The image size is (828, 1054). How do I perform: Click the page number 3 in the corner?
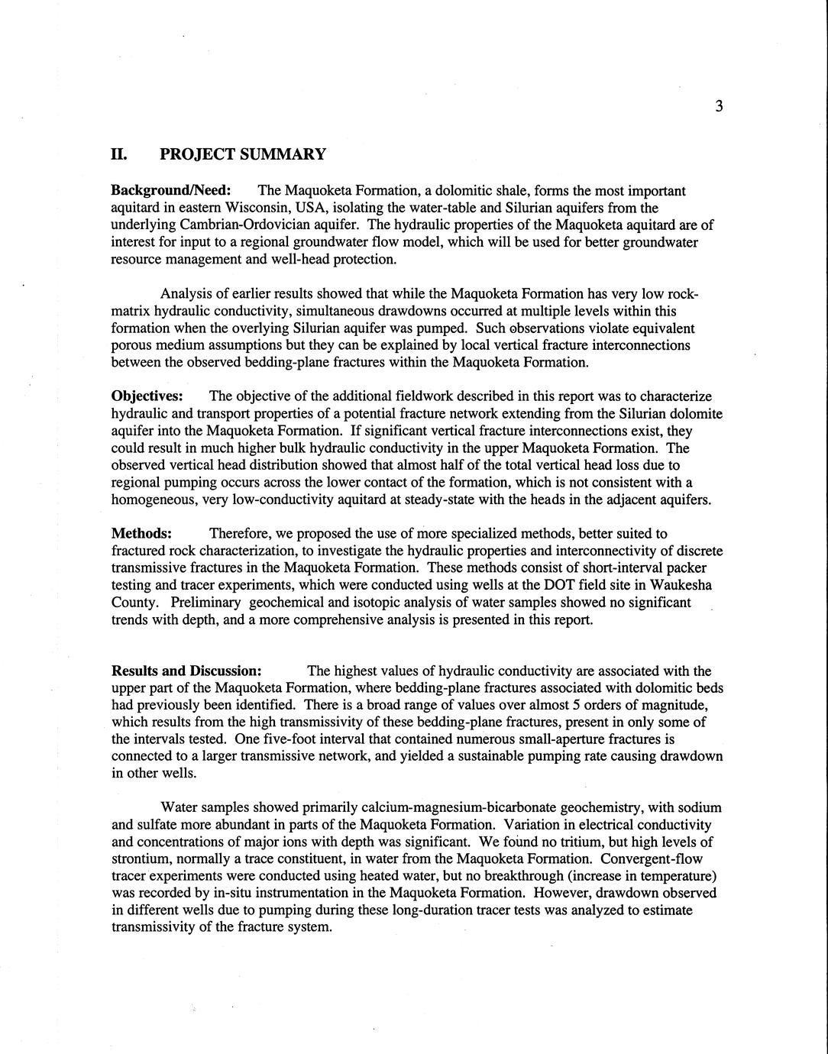pyautogui.click(x=719, y=106)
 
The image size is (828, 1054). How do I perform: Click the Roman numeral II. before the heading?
pyautogui.click(x=118, y=154)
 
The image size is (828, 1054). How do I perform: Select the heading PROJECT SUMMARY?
pyautogui.click(x=243, y=154)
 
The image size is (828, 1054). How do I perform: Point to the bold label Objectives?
pyautogui.click(x=147, y=396)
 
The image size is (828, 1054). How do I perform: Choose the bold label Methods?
pyautogui.click(x=141, y=533)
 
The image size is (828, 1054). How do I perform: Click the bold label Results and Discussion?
pyautogui.click(x=186, y=671)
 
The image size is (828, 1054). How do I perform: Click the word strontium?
pyautogui.click(x=140, y=858)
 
